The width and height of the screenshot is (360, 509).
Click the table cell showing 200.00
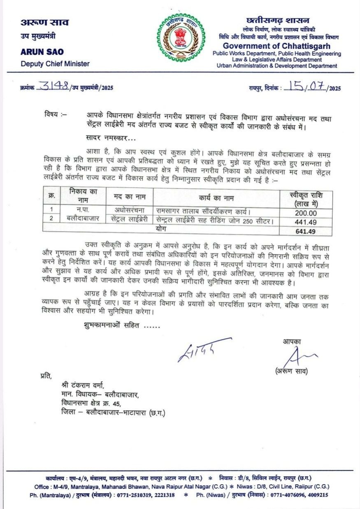click(306, 213)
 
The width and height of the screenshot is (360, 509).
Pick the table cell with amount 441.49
click(306, 222)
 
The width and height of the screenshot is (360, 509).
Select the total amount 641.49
click(305, 231)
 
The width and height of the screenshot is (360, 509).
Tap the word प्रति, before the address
click(46, 375)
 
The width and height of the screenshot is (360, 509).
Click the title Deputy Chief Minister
click(55, 63)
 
